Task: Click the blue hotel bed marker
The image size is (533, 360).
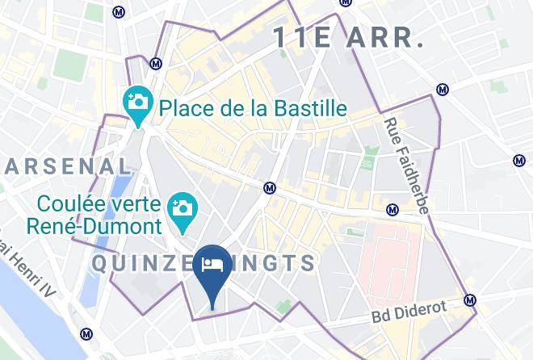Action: click(212, 266)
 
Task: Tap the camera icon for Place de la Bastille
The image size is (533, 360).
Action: click(138, 103)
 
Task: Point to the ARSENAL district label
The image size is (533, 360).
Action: click(68, 167)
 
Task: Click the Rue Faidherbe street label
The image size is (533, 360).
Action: click(406, 165)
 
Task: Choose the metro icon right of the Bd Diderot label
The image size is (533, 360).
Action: click(470, 300)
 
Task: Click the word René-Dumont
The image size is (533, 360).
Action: click(94, 227)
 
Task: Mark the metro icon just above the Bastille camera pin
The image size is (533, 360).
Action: click(156, 63)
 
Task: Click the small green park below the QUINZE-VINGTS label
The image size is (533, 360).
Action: click(282, 308)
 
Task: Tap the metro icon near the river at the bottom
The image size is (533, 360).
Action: click(86, 334)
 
